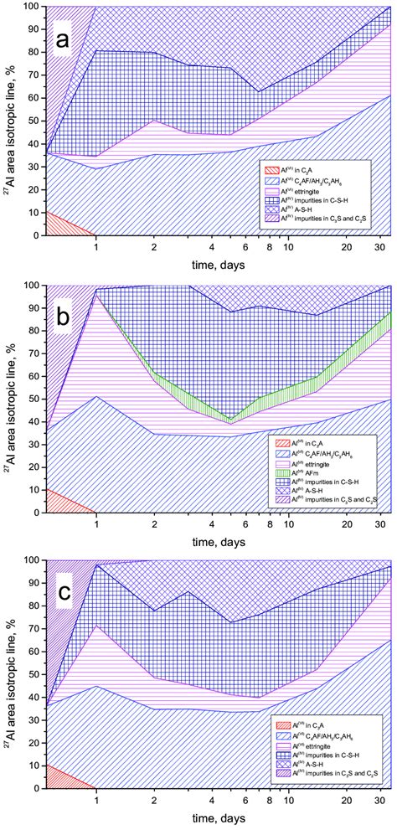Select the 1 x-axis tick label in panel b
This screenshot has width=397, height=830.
[96, 526]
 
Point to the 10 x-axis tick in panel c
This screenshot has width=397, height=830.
[288, 802]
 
